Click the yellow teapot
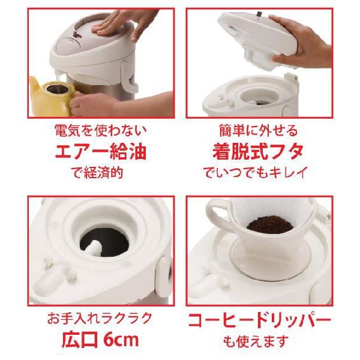(48, 96)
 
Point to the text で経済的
(93, 173)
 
